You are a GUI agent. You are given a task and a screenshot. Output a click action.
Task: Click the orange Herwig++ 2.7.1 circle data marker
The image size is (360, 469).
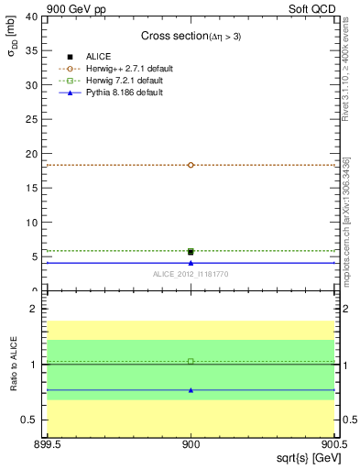[191, 165]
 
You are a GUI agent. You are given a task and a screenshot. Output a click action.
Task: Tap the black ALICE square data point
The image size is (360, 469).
[191, 251]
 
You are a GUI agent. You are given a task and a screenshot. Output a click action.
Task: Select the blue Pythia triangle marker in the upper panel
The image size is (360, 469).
[191, 263]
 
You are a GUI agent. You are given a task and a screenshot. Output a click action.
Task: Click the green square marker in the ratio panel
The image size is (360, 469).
[191, 361]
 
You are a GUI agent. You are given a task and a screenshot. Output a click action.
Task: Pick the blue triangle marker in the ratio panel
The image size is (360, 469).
[191, 390]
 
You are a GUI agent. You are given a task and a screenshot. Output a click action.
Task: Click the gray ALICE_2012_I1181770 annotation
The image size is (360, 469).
[191, 274]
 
